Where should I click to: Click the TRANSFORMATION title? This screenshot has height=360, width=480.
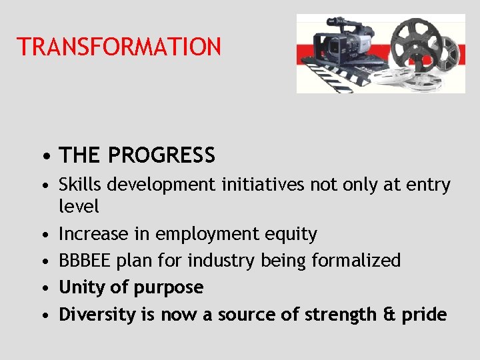click(x=119, y=47)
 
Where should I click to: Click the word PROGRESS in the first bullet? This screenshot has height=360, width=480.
click(x=161, y=155)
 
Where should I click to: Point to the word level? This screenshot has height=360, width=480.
click(x=79, y=207)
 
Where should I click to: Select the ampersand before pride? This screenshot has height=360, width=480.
click(x=391, y=315)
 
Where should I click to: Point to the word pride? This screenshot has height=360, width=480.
click(x=425, y=315)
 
